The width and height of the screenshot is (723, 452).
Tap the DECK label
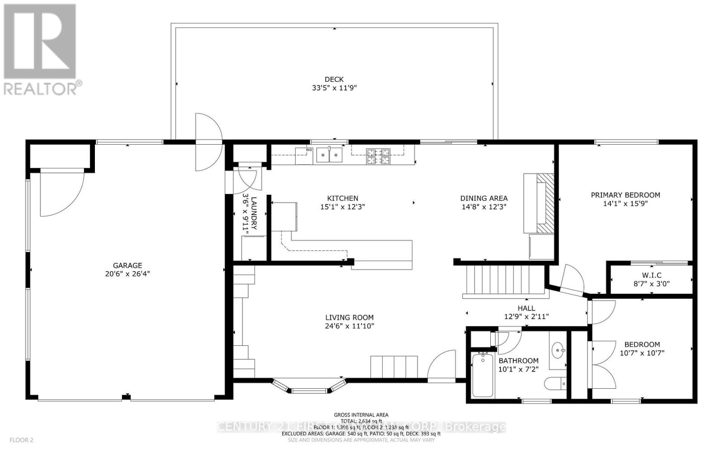click(334, 80)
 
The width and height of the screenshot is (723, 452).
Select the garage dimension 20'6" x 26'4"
click(127, 273)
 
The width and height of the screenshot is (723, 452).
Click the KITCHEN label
click(343, 198)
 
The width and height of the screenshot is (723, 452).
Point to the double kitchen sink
click(329, 155)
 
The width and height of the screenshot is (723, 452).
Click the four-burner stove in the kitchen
click(378, 155)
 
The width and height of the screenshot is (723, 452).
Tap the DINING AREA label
click(484, 198)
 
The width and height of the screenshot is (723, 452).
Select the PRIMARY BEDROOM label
click(625, 195)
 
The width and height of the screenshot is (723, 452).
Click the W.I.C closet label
click(652, 275)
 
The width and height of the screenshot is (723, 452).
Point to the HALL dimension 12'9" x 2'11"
click(526, 317)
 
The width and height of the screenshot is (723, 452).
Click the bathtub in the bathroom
click(483, 375)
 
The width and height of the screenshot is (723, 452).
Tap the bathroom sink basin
click(559, 349)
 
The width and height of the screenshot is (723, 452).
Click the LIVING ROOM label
click(349, 318)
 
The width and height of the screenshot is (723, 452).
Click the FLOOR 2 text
click(21, 440)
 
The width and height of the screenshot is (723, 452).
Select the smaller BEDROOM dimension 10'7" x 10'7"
click(642, 353)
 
